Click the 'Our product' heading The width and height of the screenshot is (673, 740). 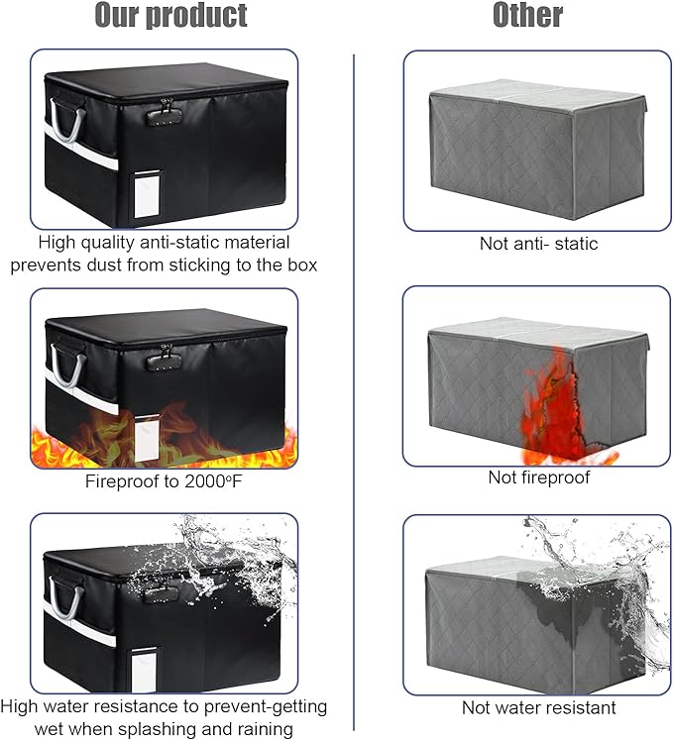[x=170, y=15]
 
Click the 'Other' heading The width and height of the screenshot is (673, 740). [x=527, y=15]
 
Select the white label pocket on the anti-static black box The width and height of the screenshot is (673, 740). [x=148, y=194]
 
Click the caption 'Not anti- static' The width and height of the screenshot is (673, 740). [x=538, y=244]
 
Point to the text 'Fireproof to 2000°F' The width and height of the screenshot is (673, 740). [x=164, y=481]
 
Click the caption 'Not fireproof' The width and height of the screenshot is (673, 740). [x=539, y=477]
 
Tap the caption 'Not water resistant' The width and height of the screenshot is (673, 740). [x=538, y=708]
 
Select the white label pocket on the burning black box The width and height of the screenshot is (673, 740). [x=147, y=439]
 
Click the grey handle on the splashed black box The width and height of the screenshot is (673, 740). [x=65, y=598]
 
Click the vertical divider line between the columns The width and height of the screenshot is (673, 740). [x=354, y=391]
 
